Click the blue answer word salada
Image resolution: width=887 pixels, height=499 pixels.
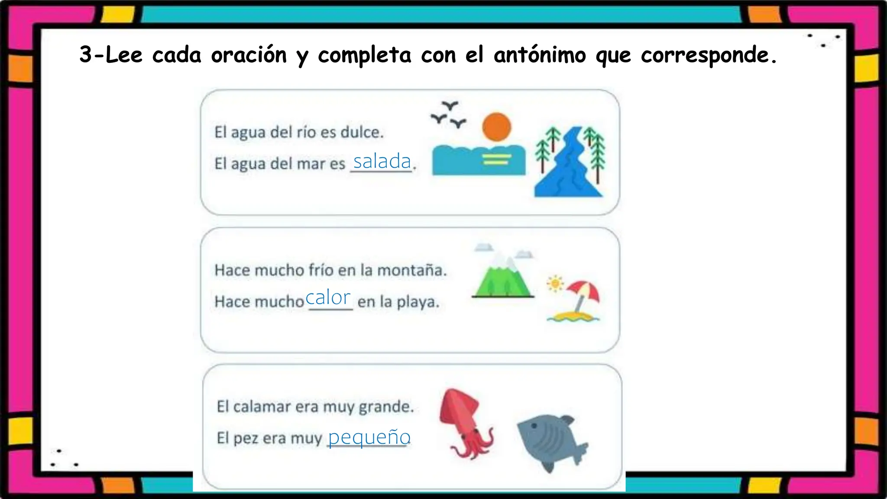pos(382,162)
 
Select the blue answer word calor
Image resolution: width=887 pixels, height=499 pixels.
pos(328,298)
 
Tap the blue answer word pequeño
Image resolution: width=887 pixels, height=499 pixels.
pos(369,437)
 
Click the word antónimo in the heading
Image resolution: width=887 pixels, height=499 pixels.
pos(540,55)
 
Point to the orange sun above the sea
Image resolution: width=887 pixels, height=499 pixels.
pos(497,127)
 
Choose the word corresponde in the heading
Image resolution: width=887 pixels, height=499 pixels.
pos(708,55)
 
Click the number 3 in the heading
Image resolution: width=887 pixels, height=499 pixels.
pos(86,55)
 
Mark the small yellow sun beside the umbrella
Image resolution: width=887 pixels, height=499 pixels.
pos(555,284)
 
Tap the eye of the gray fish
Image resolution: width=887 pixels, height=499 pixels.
pos(534,425)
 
